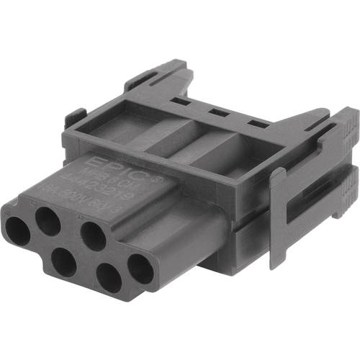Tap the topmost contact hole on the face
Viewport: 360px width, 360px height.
coord(48,220)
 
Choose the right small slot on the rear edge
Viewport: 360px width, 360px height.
coord(253,124)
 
